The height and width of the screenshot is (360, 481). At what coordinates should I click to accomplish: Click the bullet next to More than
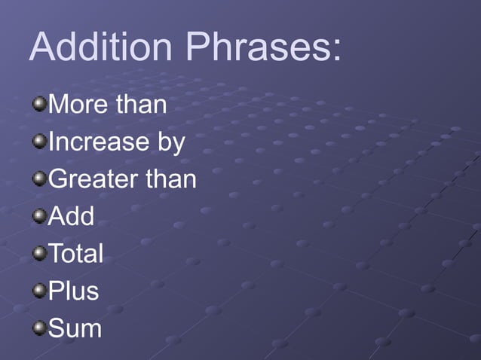point(39,102)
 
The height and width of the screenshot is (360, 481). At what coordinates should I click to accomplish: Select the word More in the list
point(79,105)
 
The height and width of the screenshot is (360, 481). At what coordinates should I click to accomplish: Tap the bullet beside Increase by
point(39,140)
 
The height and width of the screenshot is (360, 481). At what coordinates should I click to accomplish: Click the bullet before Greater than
point(39,178)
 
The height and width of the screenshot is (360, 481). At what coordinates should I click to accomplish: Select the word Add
point(72,217)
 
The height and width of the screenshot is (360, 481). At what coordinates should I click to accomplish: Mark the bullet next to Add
point(39,215)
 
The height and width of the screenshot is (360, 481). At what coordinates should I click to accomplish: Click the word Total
point(75,254)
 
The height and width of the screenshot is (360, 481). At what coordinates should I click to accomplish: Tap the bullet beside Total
point(39,252)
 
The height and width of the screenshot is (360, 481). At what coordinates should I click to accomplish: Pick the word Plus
point(74,291)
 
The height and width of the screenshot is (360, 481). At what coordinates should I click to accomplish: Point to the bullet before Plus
point(39,290)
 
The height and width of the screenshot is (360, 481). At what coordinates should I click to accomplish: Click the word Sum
point(75,328)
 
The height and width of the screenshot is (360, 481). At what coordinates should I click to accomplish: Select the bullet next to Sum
point(39,327)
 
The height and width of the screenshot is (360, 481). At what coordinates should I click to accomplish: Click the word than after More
point(141,105)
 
